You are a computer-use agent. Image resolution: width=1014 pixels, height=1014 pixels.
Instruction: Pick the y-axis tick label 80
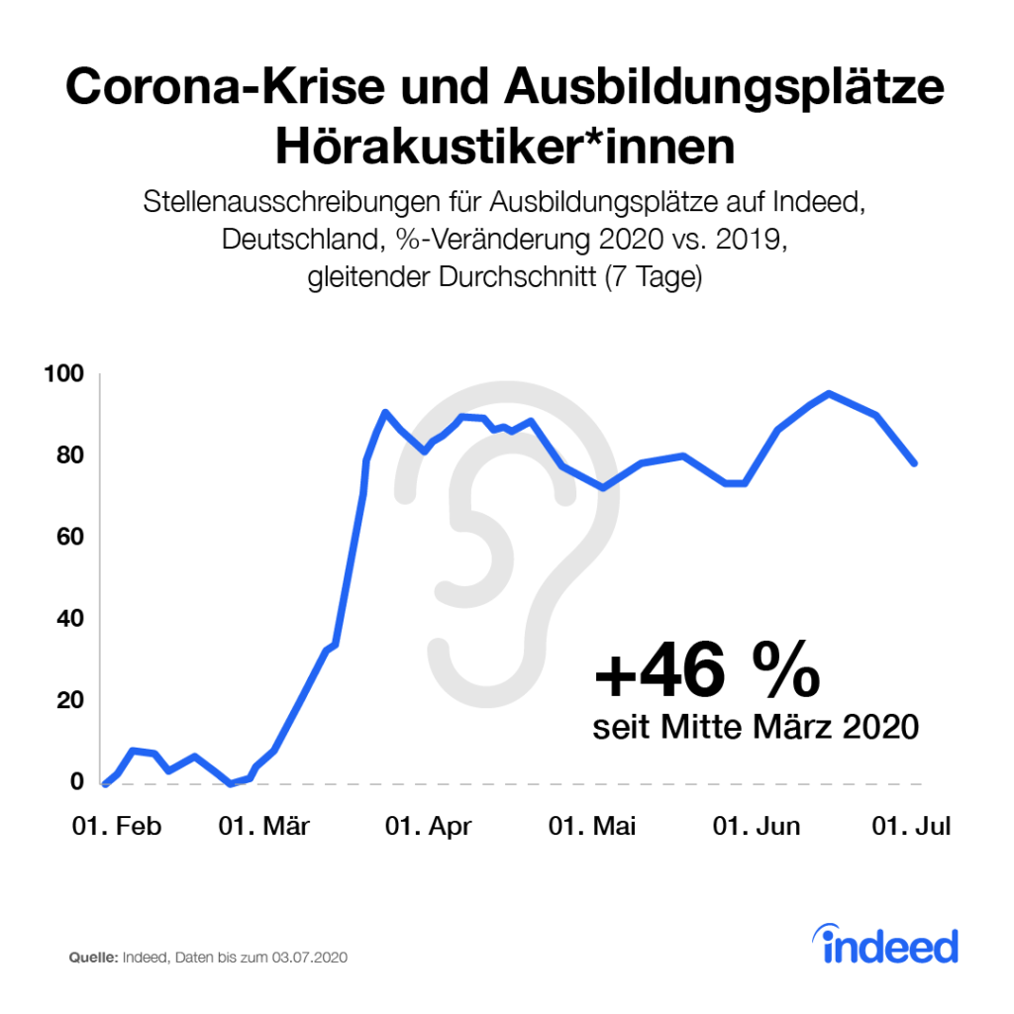click(69, 456)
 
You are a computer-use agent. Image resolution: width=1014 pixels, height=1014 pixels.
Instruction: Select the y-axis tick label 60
click(69, 538)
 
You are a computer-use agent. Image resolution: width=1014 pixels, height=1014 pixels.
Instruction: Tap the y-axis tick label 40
click(69, 619)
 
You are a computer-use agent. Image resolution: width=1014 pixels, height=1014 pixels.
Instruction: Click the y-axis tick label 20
click(69, 701)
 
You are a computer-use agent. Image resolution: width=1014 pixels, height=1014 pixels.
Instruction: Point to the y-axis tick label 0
click(76, 782)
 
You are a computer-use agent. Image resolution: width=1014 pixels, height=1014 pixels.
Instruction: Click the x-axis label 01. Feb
click(116, 827)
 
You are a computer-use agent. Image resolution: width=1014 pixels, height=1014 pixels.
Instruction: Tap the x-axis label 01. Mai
click(593, 827)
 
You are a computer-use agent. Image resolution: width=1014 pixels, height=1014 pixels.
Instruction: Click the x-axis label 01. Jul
click(910, 827)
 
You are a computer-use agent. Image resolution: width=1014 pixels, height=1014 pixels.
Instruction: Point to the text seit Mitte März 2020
click(756, 728)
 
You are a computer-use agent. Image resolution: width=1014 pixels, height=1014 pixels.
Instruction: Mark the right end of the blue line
click(914, 462)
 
